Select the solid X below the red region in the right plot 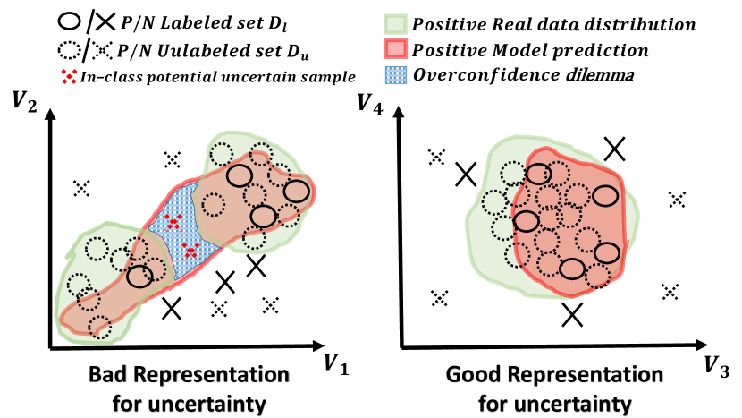[572, 313]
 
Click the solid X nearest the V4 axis [465, 174]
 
